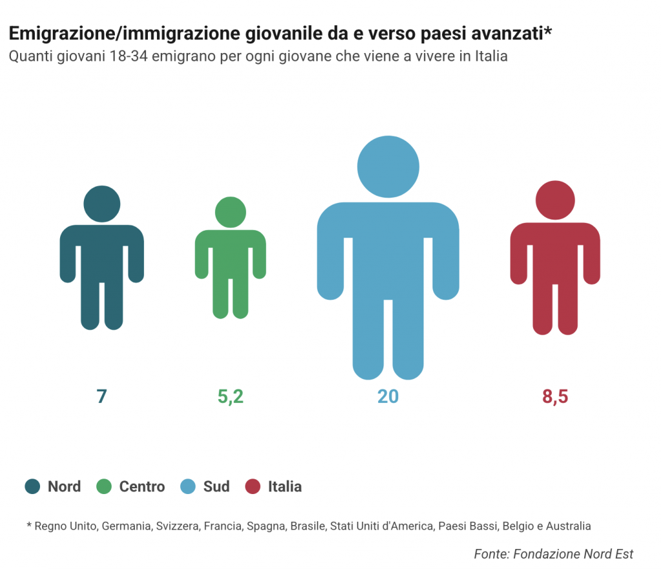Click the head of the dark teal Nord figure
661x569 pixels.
(x=102, y=203)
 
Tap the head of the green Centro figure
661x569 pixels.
(x=230, y=211)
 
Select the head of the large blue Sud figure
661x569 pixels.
(x=388, y=167)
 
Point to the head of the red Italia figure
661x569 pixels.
(x=555, y=199)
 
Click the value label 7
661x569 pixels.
(x=101, y=397)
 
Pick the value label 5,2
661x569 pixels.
(x=230, y=397)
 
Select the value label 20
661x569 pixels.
(x=388, y=397)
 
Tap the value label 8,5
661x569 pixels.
(x=555, y=397)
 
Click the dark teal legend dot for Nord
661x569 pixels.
(x=33, y=486)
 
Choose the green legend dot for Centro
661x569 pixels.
(x=104, y=486)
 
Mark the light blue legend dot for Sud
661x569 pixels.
(x=188, y=486)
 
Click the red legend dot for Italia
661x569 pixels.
(x=253, y=486)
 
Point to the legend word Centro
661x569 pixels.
(x=142, y=486)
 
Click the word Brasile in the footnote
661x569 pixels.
(x=308, y=526)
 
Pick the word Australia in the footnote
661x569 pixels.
(x=568, y=526)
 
